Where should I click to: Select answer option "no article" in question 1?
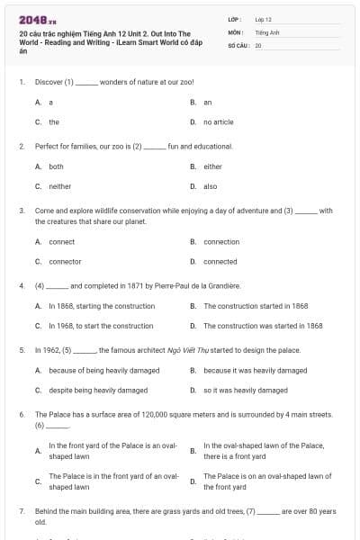[x=218, y=121]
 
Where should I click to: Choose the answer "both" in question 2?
[x=56, y=166]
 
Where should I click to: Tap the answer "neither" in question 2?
[x=59, y=186]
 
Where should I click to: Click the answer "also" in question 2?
[x=210, y=186]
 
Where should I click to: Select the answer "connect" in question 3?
[x=61, y=241]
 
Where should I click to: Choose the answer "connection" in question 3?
[x=221, y=241]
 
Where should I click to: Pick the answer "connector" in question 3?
[x=65, y=261]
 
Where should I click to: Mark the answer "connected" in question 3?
[x=220, y=261]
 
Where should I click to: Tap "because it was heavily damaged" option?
[x=255, y=370]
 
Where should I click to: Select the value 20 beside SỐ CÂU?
[x=258, y=45]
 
